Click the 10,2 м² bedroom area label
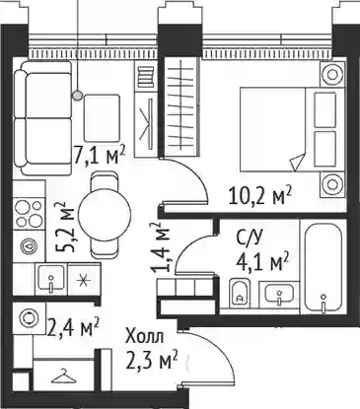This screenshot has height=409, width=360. coord(261,195)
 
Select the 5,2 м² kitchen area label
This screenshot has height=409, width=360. coord(66,228)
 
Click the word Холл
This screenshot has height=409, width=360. coord(144,337)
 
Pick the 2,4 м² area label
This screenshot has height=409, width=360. coord(73,327)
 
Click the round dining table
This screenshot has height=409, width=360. coord(105,214)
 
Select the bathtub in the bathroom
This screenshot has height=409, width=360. coord(324,267)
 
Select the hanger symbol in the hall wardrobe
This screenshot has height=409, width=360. coord(65,376)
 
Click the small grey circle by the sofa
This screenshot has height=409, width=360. coord(78,96)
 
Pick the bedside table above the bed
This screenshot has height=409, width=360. coord(331,74)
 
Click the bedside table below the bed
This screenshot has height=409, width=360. coord(331,184)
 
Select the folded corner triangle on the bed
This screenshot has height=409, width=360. coord(297,162)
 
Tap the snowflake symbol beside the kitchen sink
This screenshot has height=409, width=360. coord(82,281)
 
